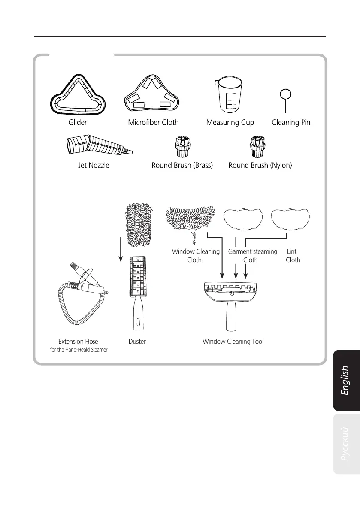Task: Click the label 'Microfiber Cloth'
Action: tap(153, 122)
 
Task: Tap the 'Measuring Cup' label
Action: tap(230, 122)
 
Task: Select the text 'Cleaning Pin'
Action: tap(291, 122)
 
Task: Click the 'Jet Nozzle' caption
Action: tap(92, 165)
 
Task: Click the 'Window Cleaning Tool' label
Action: tap(233, 342)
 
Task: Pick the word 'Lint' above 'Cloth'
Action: tap(292, 252)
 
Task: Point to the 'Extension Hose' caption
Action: tap(78, 342)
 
